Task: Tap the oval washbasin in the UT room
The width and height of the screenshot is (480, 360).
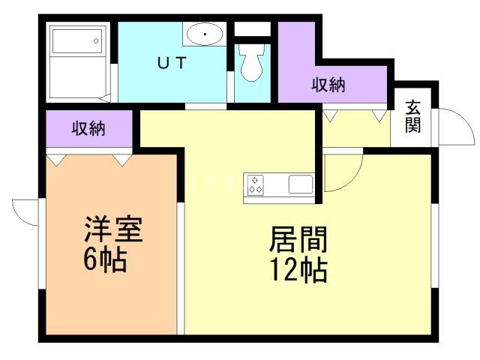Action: click(204, 34)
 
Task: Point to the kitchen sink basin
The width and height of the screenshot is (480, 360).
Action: click(301, 184)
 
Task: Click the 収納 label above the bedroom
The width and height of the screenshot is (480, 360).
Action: click(88, 128)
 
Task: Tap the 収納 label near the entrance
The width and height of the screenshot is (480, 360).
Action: click(328, 85)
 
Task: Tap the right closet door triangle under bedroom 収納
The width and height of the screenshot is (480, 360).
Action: click(122, 159)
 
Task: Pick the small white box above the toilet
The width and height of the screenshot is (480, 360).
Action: click(252, 29)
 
